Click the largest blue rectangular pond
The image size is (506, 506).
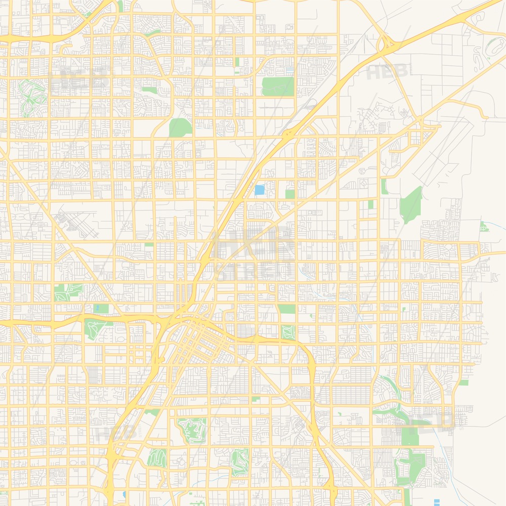260,190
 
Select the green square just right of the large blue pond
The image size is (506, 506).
290,194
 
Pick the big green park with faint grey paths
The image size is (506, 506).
278,86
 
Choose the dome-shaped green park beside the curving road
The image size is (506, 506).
180,128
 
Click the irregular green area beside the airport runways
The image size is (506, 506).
411,203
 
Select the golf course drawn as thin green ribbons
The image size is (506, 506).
33,96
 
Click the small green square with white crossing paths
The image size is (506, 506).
288,332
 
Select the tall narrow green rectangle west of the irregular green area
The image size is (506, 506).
385,186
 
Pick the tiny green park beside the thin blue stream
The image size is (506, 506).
484,226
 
